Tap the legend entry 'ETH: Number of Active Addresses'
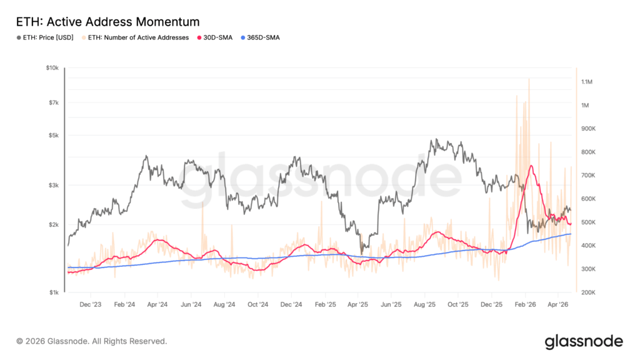(x=138, y=37)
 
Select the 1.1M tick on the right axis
(x=587, y=82)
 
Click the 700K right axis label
(x=588, y=176)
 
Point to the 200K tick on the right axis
(x=588, y=292)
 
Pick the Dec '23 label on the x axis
(x=91, y=305)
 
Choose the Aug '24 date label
(x=224, y=305)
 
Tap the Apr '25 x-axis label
(x=357, y=305)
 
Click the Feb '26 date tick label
(x=525, y=305)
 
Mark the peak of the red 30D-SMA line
(x=531, y=166)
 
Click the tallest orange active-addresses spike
(x=529, y=79)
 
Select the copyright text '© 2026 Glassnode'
(x=92, y=341)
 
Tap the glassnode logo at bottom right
(x=584, y=341)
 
